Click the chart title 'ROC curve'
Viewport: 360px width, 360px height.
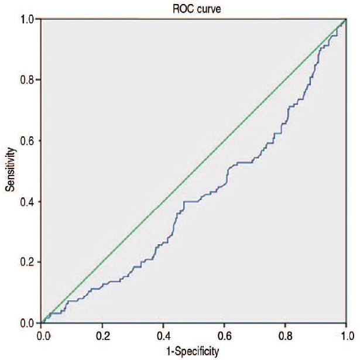click(x=197, y=9)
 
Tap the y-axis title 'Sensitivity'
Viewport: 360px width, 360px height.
click(x=10, y=170)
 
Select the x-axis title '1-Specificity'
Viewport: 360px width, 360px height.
click(x=193, y=351)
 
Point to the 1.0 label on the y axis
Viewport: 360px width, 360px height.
click(x=28, y=19)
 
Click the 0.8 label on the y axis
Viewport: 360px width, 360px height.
click(x=28, y=80)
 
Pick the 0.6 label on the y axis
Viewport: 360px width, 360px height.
click(x=28, y=140)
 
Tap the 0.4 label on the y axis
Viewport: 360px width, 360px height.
click(x=28, y=202)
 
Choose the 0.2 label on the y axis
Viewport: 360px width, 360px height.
click(x=28, y=262)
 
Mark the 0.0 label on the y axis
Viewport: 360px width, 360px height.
click(x=28, y=324)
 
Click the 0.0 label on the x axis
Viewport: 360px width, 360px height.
click(x=44, y=337)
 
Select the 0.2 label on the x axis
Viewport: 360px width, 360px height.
click(x=103, y=337)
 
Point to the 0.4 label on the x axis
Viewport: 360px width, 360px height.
click(x=164, y=337)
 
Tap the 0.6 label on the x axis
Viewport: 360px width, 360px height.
click(x=225, y=337)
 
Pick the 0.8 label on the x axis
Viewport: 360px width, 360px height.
click(x=286, y=337)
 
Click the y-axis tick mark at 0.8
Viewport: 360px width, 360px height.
click(x=38, y=80)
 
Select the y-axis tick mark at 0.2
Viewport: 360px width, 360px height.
click(x=38, y=262)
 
